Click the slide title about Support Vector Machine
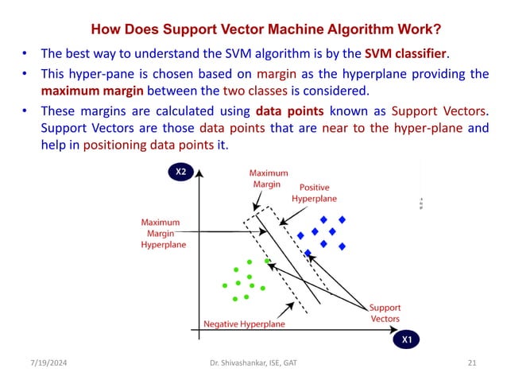coord(266,31)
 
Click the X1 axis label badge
coord(406,339)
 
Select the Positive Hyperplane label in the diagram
coord(314,192)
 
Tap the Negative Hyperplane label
coord(244,324)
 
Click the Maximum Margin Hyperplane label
coord(164,234)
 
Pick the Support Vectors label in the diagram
coord(385,312)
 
